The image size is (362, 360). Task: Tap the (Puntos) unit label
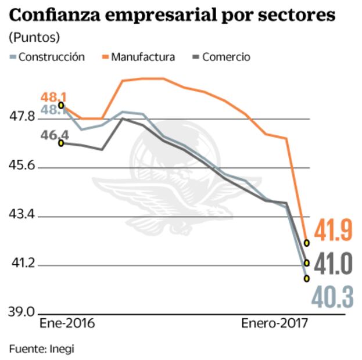[x=34, y=38]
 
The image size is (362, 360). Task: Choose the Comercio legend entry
[x=226, y=57]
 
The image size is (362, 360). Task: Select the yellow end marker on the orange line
[x=307, y=242]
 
